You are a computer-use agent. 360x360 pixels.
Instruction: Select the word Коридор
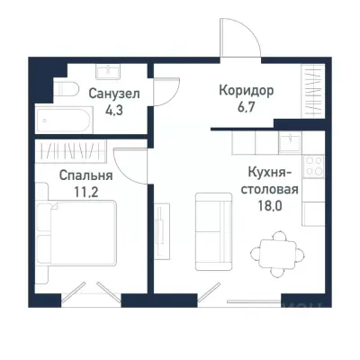pos(246,91)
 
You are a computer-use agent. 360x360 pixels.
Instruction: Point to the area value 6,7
pos(246,108)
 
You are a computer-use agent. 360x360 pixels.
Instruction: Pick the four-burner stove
pos(314,166)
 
